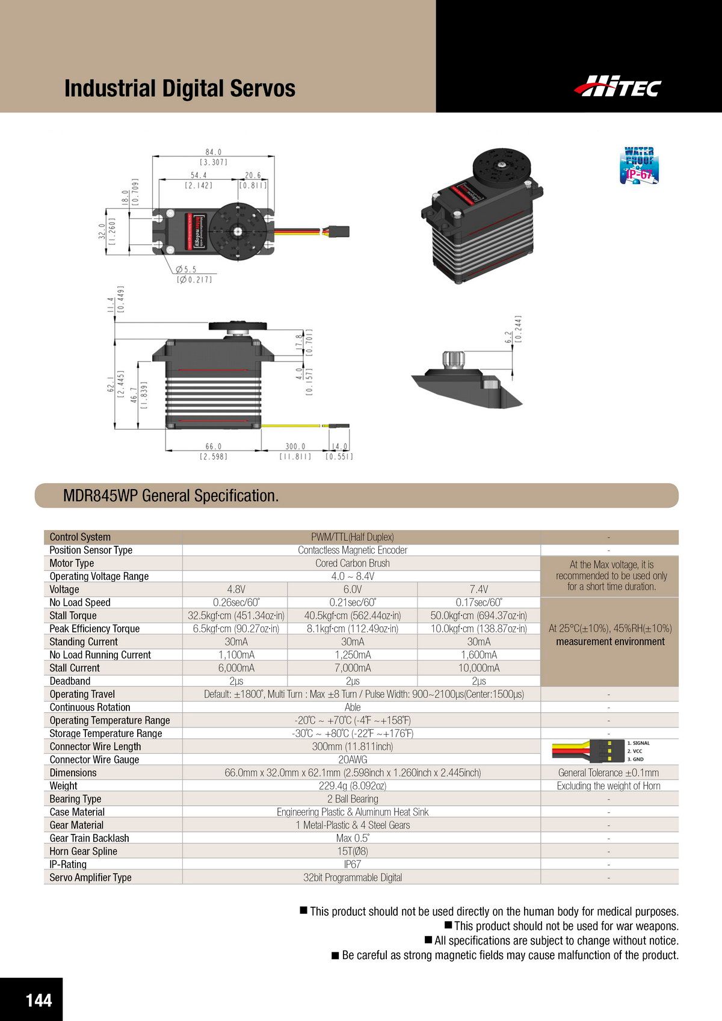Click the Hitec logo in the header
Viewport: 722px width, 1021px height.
[x=617, y=87]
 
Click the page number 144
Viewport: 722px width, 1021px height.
[x=39, y=1000]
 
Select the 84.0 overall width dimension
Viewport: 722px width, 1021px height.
[x=213, y=153]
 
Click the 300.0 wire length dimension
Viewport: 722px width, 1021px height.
[x=295, y=446]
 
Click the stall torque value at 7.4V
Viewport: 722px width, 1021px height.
[x=478, y=615]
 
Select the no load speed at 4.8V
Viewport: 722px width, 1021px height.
[x=235, y=602]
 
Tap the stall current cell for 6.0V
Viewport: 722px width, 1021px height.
[x=353, y=668]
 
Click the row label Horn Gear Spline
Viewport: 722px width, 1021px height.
[x=83, y=851]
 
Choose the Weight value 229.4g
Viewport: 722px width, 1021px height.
[x=353, y=786]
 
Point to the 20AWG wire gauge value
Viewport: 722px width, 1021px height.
[x=353, y=760]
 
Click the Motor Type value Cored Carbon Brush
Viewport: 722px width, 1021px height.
[x=353, y=563]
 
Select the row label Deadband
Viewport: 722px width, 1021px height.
[x=70, y=681]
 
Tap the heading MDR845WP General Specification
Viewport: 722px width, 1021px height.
[x=171, y=496]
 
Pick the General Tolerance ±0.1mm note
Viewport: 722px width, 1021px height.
[x=608, y=773]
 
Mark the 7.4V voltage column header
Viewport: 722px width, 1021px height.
[x=478, y=590]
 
